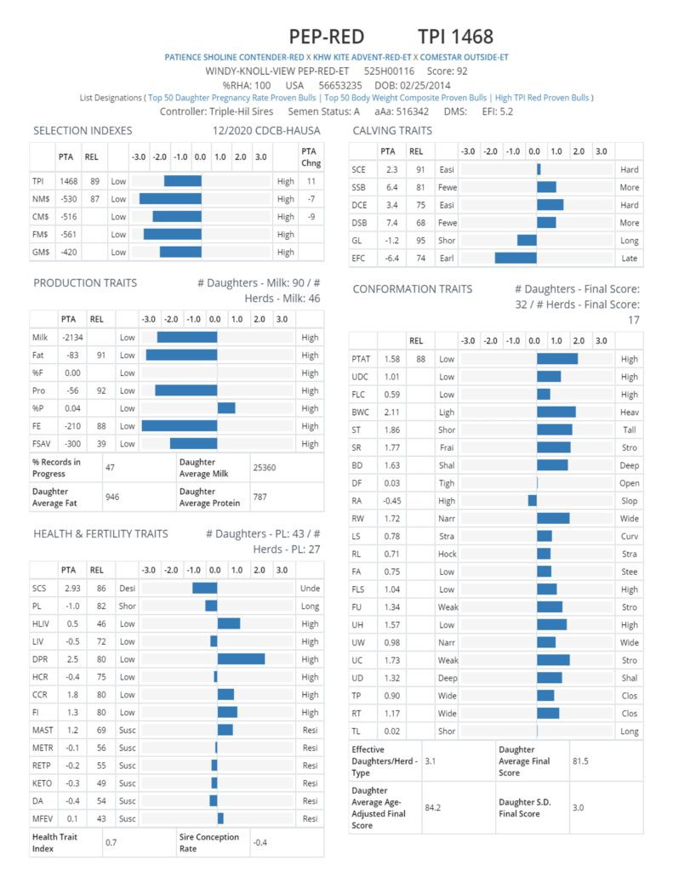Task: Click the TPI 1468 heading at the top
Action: coord(455,37)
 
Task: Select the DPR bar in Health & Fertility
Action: coord(241,658)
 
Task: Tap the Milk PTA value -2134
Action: coord(68,338)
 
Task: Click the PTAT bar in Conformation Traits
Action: coord(556,359)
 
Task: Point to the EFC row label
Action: coord(359,258)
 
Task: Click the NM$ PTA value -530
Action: coord(68,199)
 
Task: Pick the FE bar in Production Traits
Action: coord(179,426)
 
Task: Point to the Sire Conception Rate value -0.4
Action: coord(263,842)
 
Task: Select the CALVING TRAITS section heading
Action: coord(392,130)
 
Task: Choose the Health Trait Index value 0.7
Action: coord(111,842)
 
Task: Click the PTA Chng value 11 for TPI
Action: coord(311,181)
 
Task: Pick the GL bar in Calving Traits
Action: coord(527,240)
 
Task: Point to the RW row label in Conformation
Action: coord(358,519)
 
